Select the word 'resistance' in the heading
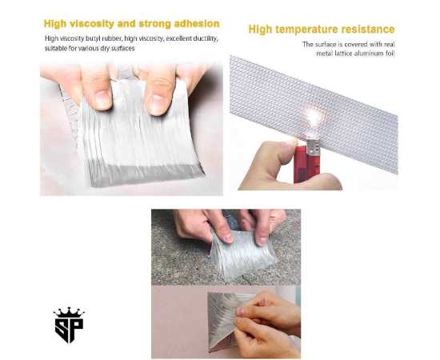(x=369, y=30)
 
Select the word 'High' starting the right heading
(x=262, y=30)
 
